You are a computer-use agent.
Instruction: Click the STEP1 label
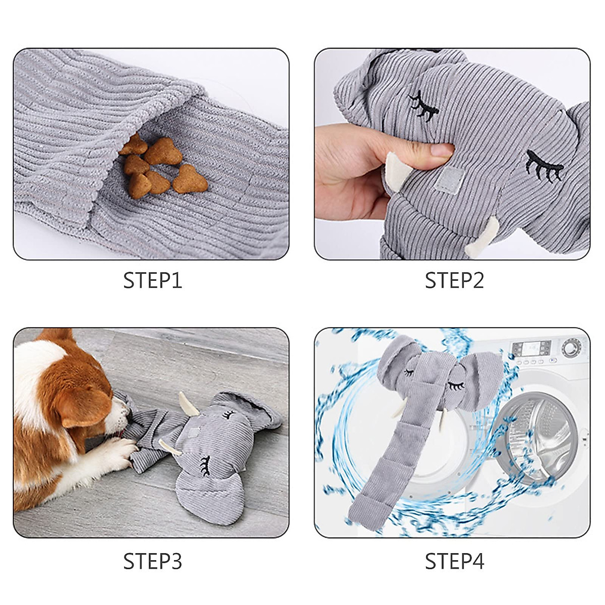pos(152,281)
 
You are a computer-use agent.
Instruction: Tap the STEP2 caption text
pos(454,281)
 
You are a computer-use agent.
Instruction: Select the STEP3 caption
pos(152,561)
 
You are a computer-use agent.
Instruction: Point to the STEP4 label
pos(454,561)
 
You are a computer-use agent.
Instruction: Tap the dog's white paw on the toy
pos(121,449)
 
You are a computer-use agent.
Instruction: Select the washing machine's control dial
pos(570,347)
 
